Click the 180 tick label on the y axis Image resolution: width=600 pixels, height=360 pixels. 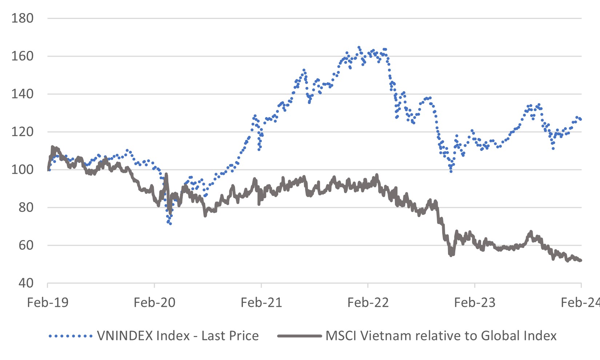tap(22, 18)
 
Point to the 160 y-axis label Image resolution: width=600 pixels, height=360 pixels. tap(22, 56)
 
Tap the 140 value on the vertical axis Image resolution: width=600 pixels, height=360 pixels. tap(22, 94)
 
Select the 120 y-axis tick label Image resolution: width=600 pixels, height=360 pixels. tap(22, 132)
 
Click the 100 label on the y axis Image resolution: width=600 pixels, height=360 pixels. tap(22, 169)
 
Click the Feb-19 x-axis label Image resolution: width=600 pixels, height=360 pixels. tap(48, 303)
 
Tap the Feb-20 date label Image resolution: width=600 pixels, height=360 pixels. tap(155, 303)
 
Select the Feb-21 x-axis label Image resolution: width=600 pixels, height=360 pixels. tap(261, 303)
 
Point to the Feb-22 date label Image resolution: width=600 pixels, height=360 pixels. tap(368, 303)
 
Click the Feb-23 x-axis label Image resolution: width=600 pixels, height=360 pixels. tap(475, 303)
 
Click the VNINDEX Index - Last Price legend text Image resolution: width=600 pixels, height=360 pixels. tap(178, 336)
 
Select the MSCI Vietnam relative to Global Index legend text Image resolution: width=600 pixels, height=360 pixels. tap(441, 336)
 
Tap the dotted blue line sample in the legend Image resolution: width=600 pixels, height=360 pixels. tap(71, 336)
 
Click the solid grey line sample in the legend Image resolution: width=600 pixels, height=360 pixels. tap(299, 336)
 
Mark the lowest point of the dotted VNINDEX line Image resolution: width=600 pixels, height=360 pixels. tap(170, 224)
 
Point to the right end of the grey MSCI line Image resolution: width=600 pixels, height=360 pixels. tap(581, 260)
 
